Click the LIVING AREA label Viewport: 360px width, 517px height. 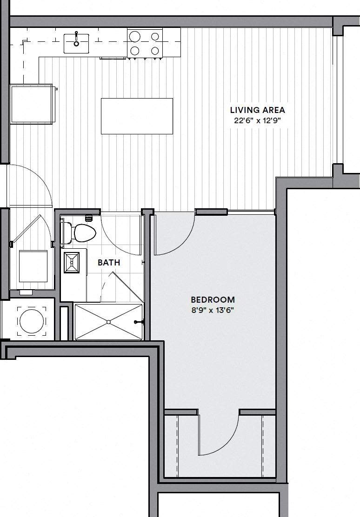click(x=257, y=110)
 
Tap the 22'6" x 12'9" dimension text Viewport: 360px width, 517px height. click(x=257, y=120)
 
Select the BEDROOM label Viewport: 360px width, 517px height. click(x=213, y=300)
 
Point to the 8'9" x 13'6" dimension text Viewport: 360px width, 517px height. click(x=213, y=310)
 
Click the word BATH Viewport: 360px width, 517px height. click(x=109, y=263)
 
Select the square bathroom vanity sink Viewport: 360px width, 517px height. click(x=72, y=262)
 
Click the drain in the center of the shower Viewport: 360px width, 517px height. click(x=108, y=322)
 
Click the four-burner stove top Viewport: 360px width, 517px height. click(x=145, y=43)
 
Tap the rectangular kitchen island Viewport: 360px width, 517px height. click(x=137, y=116)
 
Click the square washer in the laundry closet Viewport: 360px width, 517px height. click(x=33, y=266)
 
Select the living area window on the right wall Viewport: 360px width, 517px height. click(x=338, y=100)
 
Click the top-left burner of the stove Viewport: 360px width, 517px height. click(x=135, y=36)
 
